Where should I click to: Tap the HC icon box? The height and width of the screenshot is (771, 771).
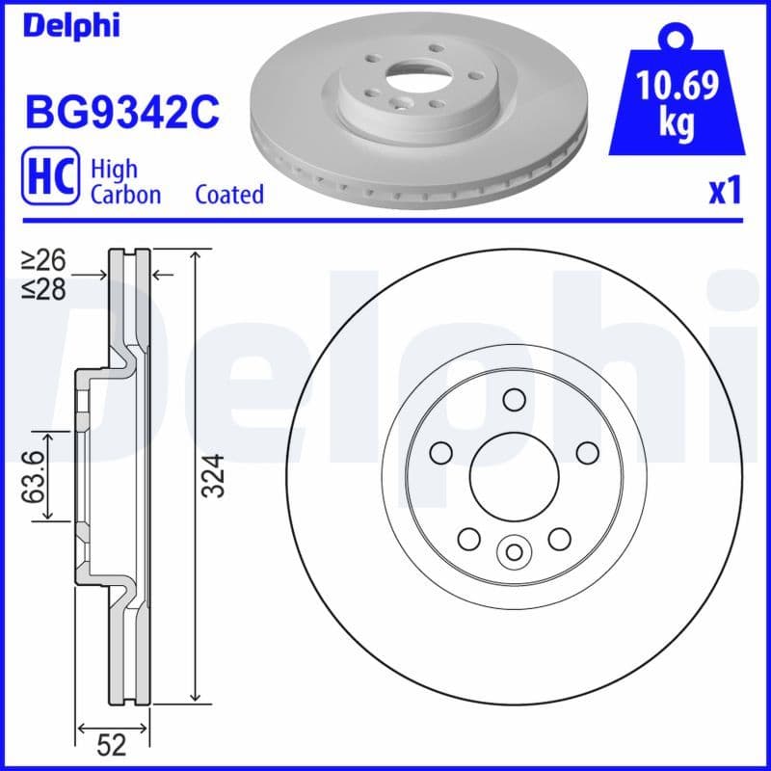point(49,179)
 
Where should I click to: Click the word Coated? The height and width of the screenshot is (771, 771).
point(229,195)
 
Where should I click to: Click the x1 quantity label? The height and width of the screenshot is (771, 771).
point(725,192)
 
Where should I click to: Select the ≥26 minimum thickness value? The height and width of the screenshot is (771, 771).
point(45,260)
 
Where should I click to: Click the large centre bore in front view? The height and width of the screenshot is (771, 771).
point(514,474)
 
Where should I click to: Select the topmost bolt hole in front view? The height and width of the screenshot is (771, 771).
point(514,399)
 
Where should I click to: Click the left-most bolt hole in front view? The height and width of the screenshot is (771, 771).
point(441,452)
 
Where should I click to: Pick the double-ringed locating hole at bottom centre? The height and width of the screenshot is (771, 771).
point(514,551)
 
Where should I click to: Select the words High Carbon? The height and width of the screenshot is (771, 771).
point(125,181)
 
